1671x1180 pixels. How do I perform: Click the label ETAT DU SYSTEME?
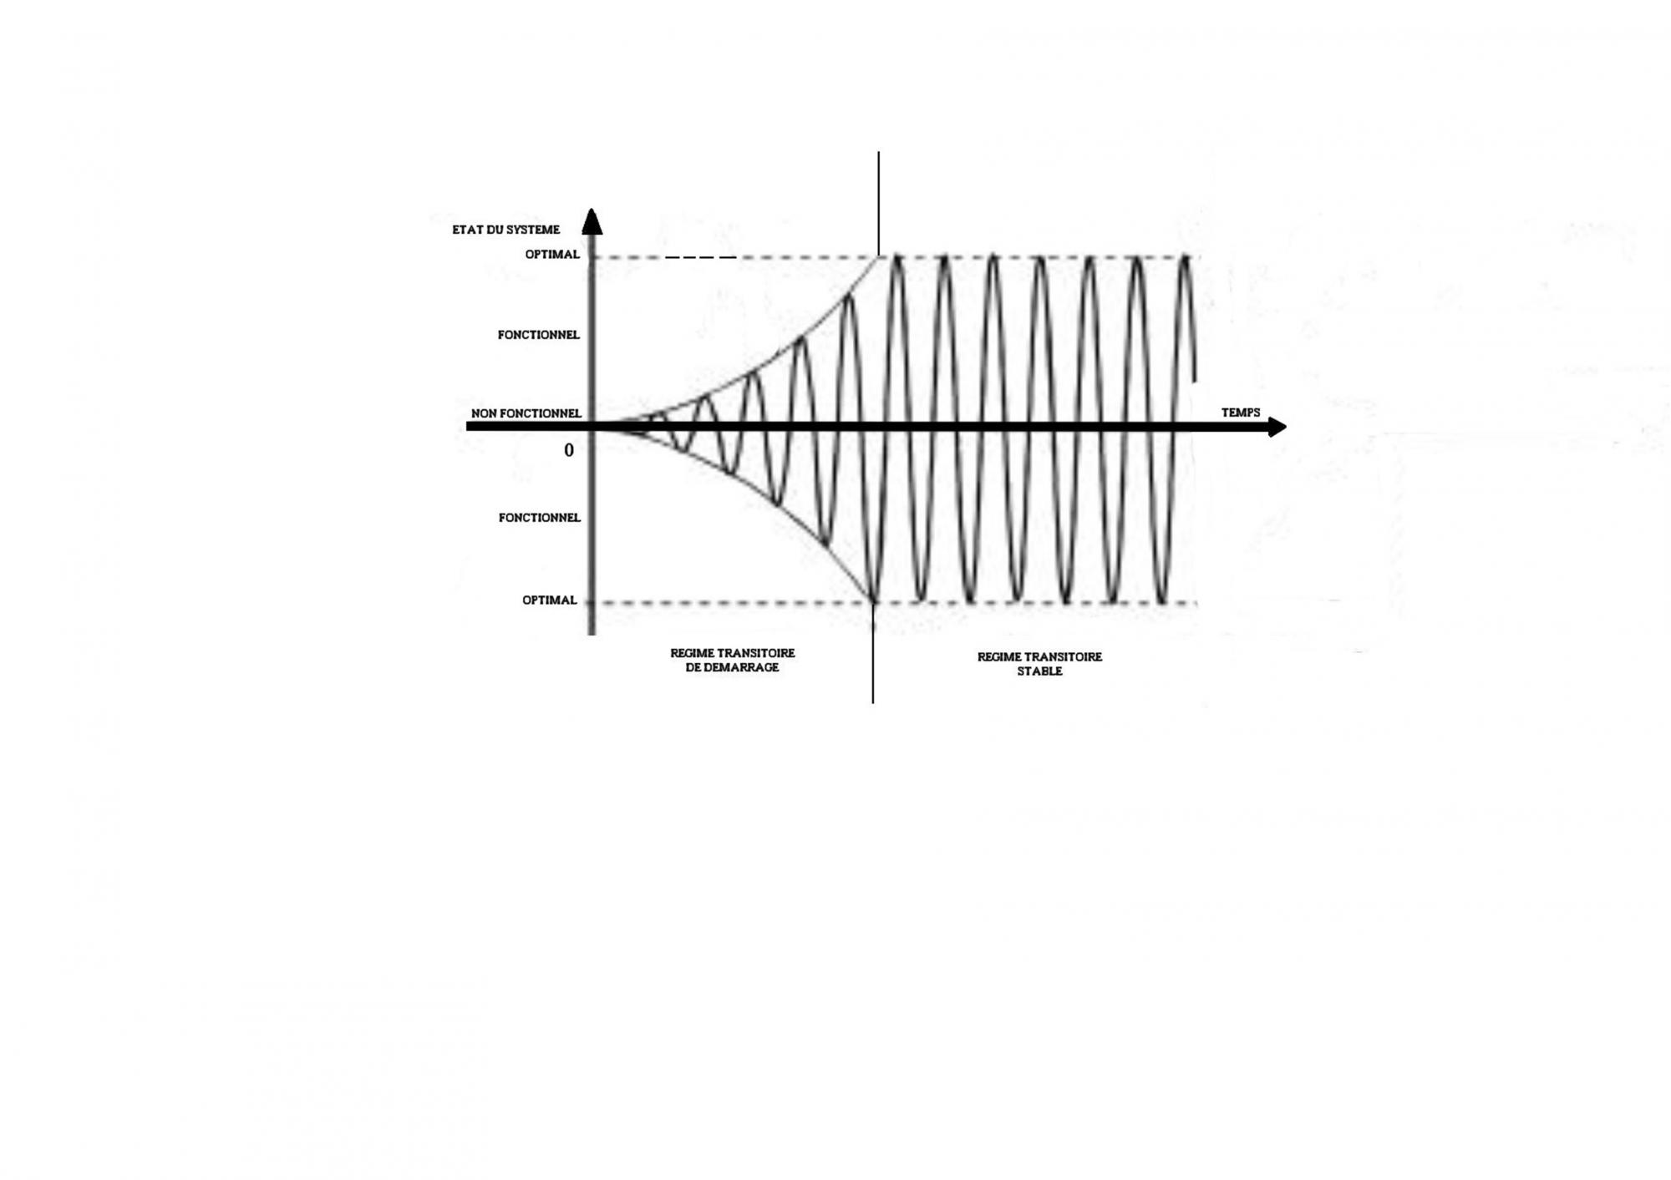pyautogui.click(x=505, y=230)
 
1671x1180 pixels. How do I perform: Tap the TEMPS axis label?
pyautogui.click(x=1240, y=413)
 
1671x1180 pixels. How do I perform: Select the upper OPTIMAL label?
pyautogui.click(x=551, y=255)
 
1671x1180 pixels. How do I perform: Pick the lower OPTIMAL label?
pyautogui.click(x=549, y=600)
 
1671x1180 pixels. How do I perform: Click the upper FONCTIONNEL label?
pyautogui.click(x=538, y=335)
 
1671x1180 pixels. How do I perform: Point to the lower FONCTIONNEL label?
pyautogui.click(x=539, y=518)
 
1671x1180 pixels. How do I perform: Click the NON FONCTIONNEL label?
pyautogui.click(x=526, y=413)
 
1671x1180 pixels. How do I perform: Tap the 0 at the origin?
pyautogui.click(x=569, y=450)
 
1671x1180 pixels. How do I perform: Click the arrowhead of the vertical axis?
pyautogui.click(x=592, y=221)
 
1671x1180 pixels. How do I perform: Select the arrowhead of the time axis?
pyautogui.click(x=1277, y=428)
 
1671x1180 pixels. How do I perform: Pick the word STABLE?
pyautogui.click(x=1039, y=671)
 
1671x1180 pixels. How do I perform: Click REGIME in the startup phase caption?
pyautogui.click(x=691, y=653)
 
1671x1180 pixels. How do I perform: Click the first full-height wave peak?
pyautogui.click(x=896, y=257)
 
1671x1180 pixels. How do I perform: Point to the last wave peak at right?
pyautogui.click(x=1184, y=257)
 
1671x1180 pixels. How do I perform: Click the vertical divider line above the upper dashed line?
pyautogui.click(x=878, y=200)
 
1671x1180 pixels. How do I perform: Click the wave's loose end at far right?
pyautogui.click(x=1195, y=380)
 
